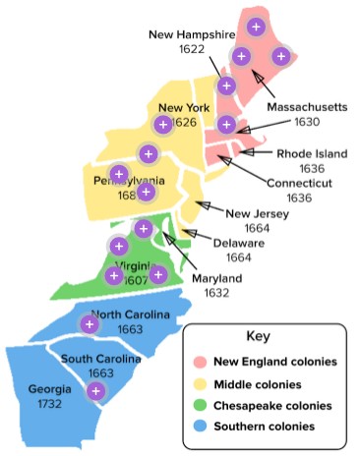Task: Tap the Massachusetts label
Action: [307, 106]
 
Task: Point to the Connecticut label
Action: [300, 183]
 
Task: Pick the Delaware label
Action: [238, 243]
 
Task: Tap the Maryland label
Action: [216, 278]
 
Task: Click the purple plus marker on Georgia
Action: [95, 391]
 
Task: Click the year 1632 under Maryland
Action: [216, 293]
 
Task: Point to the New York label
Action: [182, 108]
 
